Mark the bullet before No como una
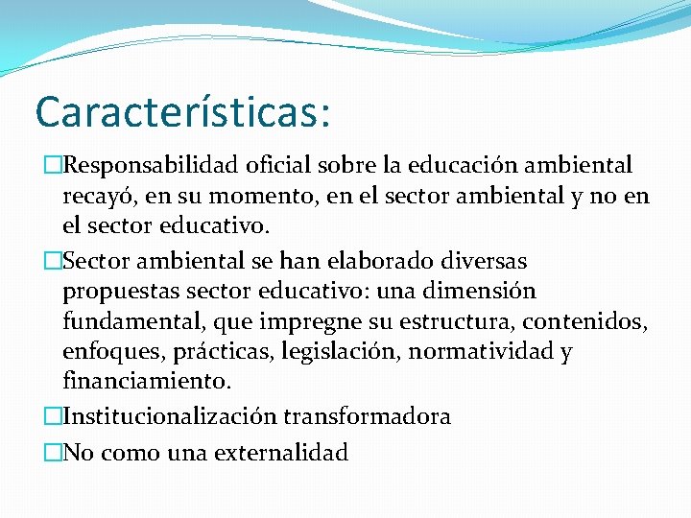55,452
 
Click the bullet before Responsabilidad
55,166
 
